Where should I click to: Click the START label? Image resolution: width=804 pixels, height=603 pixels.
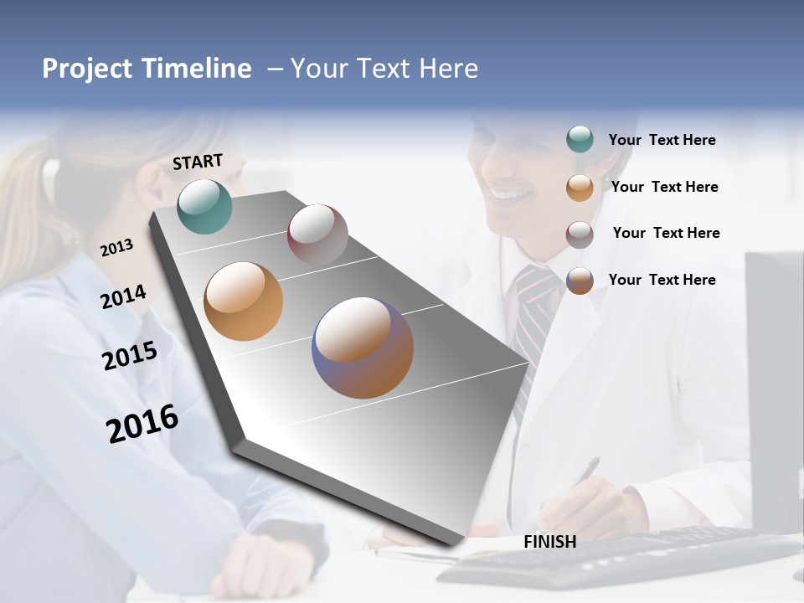tap(198, 162)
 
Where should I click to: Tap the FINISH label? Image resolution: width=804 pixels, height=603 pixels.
tap(549, 542)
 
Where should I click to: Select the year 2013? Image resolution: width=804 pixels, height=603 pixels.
tap(116, 248)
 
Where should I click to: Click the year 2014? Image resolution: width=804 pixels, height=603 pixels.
tap(122, 297)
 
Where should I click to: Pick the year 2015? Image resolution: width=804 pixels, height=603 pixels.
tap(129, 356)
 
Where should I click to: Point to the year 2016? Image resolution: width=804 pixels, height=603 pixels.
tap(142, 423)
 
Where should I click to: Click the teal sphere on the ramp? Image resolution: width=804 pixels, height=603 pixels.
tap(204, 206)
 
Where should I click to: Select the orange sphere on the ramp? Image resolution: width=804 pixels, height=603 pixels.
tap(243, 301)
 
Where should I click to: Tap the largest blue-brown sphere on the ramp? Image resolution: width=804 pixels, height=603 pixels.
tap(363, 348)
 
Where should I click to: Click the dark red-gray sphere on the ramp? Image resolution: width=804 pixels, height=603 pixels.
tap(317, 234)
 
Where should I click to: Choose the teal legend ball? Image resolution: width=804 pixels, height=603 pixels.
tap(580, 140)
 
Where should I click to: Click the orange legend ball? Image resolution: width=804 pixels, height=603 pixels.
tap(580, 188)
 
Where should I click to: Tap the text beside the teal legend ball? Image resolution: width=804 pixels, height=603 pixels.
tap(662, 141)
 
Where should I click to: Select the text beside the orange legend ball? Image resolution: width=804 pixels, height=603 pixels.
tap(664, 187)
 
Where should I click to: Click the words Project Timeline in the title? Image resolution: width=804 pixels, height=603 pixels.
tap(147, 69)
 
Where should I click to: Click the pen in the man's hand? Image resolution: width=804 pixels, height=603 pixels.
tap(586, 471)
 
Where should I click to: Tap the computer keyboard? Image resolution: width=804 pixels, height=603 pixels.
tap(620, 557)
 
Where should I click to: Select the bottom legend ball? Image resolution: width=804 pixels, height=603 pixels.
tap(580, 281)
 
